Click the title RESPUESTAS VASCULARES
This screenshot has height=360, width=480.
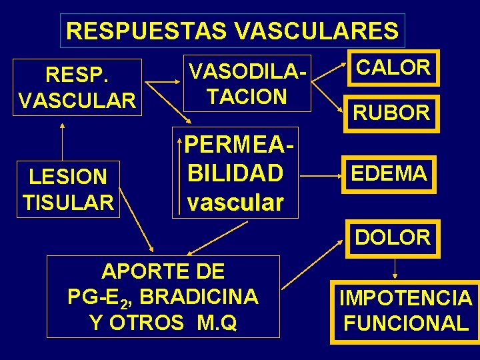pos(232,31)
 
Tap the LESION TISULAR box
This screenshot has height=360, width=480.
pos(68,189)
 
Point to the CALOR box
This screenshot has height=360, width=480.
pos(393,68)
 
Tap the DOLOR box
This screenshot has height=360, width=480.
pos(393,237)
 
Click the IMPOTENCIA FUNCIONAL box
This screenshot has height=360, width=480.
pos(405,311)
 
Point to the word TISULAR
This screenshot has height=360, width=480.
pos(68,201)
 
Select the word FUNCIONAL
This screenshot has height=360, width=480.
pos(405,324)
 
